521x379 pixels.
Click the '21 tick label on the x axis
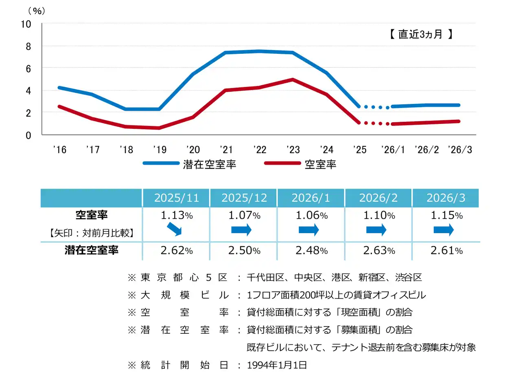point(226,150)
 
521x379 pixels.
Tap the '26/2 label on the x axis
point(426,150)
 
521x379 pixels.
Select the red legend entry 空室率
point(320,164)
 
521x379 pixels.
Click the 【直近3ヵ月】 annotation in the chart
point(421,34)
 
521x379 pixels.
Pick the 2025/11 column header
point(176,198)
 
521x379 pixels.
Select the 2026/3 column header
point(446,198)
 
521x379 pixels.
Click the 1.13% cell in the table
point(176,216)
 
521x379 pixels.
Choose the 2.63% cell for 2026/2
point(379,251)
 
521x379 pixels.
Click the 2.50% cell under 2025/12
point(244,251)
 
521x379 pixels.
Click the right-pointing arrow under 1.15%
point(443,230)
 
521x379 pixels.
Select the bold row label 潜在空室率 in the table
point(92,250)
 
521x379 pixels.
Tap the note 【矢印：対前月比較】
point(92,233)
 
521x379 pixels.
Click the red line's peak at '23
point(293,79)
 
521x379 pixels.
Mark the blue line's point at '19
point(159,109)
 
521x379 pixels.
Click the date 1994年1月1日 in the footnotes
point(277,365)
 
